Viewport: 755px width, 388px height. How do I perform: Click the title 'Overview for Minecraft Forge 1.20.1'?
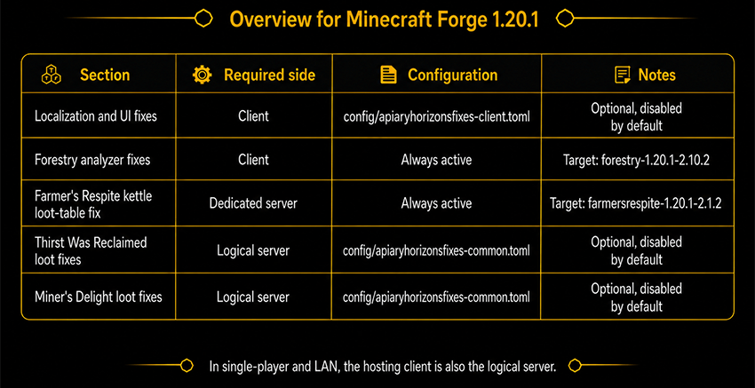(x=384, y=20)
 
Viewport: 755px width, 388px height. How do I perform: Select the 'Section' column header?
(x=105, y=75)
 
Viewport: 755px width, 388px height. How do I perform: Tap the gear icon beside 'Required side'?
(x=202, y=75)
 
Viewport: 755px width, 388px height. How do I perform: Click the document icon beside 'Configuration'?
(x=388, y=75)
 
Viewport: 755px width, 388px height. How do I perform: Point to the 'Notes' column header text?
(x=656, y=75)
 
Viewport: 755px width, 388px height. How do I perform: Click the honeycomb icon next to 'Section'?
(x=51, y=75)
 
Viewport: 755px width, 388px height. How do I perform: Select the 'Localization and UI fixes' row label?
(x=96, y=116)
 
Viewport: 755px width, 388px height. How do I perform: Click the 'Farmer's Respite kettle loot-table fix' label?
(x=93, y=204)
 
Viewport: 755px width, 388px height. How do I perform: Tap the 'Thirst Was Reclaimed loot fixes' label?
(x=91, y=250)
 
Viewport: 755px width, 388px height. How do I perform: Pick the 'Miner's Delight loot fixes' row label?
(x=99, y=297)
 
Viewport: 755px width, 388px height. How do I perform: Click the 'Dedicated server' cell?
(x=253, y=203)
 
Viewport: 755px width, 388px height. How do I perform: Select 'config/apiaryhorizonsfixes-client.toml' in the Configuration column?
(x=437, y=117)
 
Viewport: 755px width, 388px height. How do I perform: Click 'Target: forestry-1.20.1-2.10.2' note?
(x=637, y=160)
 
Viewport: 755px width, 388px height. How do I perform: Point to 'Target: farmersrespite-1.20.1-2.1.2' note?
(x=636, y=203)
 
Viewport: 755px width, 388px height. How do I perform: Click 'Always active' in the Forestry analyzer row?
(x=436, y=160)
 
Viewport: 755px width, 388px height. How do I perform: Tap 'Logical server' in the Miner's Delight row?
(x=253, y=297)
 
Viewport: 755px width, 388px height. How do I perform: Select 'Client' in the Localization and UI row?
(x=253, y=116)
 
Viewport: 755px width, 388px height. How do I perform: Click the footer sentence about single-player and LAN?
(x=383, y=367)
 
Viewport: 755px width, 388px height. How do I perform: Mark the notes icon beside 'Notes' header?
(x=623, y=75)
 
